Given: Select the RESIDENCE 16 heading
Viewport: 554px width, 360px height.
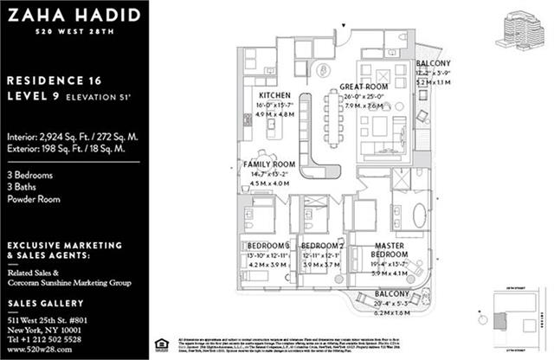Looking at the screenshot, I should pos(55,79).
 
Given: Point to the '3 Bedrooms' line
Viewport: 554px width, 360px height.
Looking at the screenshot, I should pos(29,176).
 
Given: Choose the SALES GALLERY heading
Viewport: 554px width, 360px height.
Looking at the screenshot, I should pos(47,303).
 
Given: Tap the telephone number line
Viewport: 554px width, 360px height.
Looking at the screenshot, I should pos(55,341).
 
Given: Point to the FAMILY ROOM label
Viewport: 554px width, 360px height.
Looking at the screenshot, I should pos(269,164).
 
